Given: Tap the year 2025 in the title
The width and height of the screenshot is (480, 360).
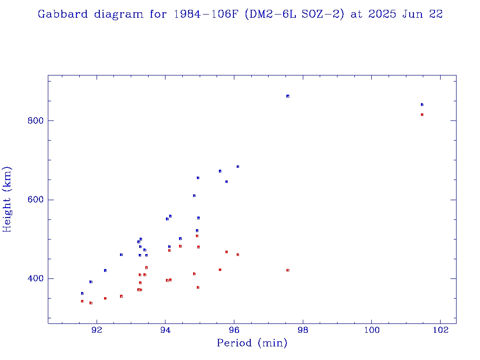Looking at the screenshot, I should [382, 14].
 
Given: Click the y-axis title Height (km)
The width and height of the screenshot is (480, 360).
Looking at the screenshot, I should [7, 199].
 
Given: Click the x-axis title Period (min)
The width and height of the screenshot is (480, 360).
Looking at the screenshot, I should [252, 343].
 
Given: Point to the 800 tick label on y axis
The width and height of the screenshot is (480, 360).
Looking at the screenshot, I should [35, 120].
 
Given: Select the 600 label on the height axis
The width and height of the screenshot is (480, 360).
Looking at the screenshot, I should [35, 200].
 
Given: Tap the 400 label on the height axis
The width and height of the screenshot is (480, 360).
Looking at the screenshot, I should [35, 279].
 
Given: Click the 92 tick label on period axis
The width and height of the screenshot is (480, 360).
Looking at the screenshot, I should [97, 330].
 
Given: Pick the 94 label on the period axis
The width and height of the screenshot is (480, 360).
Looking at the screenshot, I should [165, 330].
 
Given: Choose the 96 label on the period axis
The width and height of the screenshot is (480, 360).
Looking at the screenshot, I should [234, 330].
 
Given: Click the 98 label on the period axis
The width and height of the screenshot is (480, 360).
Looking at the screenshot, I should [303, 330].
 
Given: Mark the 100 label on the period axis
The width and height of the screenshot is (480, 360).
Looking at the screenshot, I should [372, 330].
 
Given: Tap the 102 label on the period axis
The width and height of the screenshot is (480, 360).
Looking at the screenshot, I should [441, 330].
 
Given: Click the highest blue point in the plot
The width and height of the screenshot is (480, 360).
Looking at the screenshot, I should [288, 96].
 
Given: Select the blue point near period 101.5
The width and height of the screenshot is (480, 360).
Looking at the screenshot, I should [422, 105].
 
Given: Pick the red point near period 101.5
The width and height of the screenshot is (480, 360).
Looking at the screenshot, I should [422, 114].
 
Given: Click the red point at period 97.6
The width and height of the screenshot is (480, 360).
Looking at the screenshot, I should [288, 270].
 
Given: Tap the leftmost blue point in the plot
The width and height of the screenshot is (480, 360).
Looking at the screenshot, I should [82, 293].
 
